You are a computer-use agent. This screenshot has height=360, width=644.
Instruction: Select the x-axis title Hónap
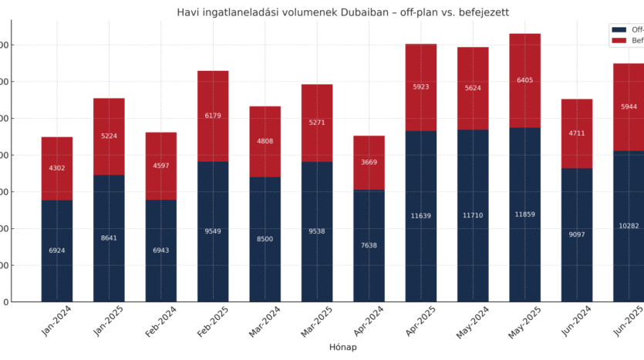click(342, 347)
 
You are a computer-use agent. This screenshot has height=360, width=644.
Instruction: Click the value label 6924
click(57, 251)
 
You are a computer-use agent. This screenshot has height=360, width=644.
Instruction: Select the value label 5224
click(109, 136)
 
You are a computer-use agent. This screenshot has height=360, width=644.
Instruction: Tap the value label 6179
click(213, 116)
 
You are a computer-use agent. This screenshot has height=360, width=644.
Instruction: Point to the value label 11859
click(524, 214)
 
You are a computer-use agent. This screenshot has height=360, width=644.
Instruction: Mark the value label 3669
click(369, 162)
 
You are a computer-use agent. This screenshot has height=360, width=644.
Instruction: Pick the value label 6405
click(524, 80)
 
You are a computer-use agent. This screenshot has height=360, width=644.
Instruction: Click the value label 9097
click(577, 234)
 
